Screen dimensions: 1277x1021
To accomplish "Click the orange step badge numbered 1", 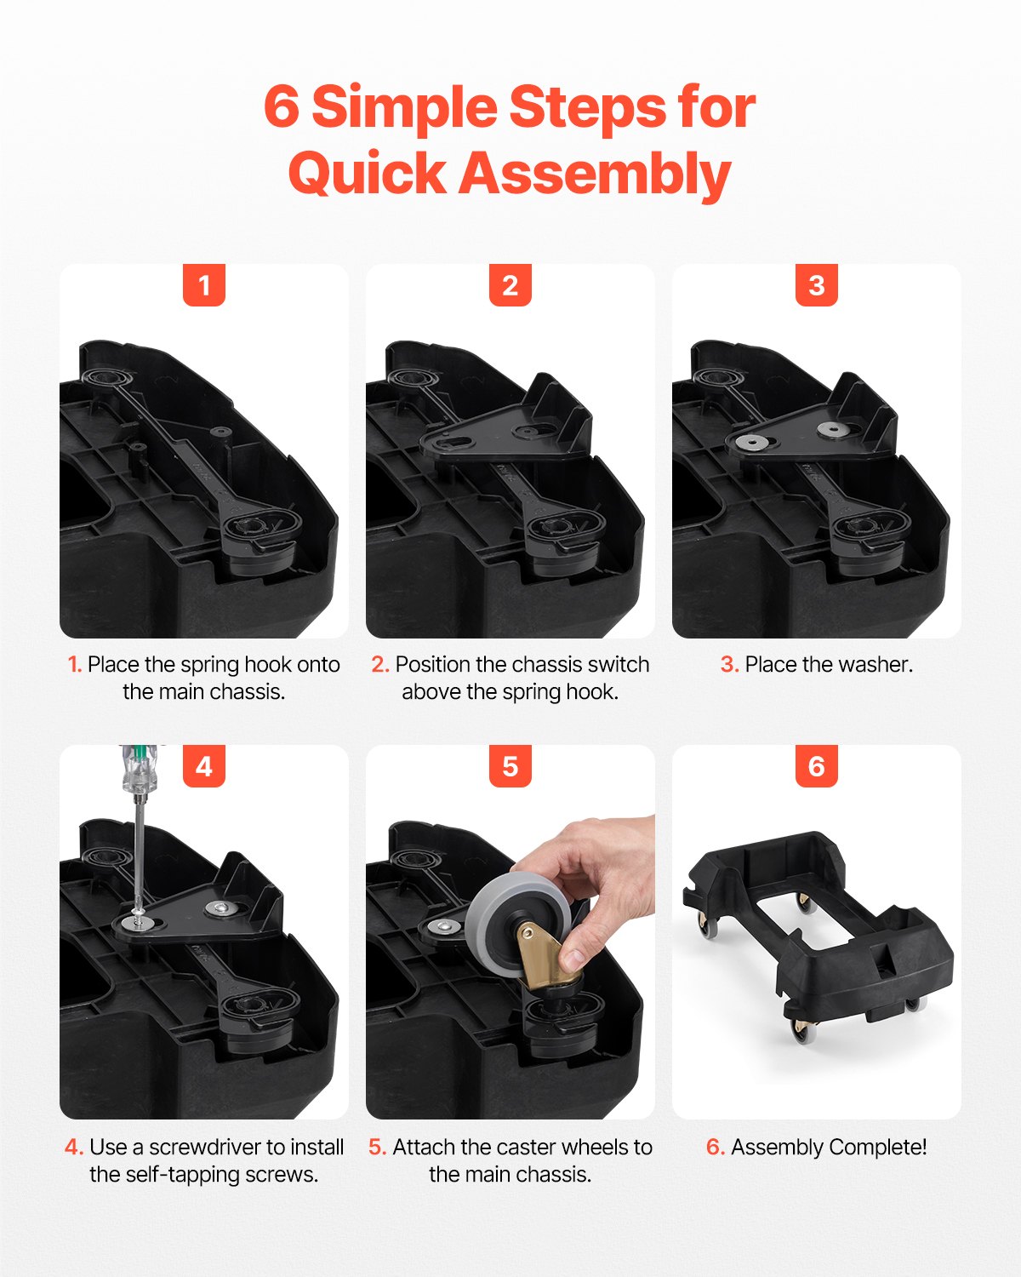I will click(x=204, y=285).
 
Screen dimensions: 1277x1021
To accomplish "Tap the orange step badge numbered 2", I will click(x=510, y=285).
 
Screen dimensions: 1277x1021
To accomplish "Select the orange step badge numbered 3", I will click(x=817, y=285).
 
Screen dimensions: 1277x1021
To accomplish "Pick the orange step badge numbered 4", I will click(x=204, y=766).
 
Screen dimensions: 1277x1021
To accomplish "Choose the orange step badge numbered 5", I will click(x=510, y=766).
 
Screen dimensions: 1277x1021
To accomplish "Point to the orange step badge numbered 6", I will click(x=817, y=766).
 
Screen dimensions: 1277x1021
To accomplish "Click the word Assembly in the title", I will click(x=596, y=175).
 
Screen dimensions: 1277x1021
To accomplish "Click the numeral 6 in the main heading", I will click(x=282, y=107).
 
